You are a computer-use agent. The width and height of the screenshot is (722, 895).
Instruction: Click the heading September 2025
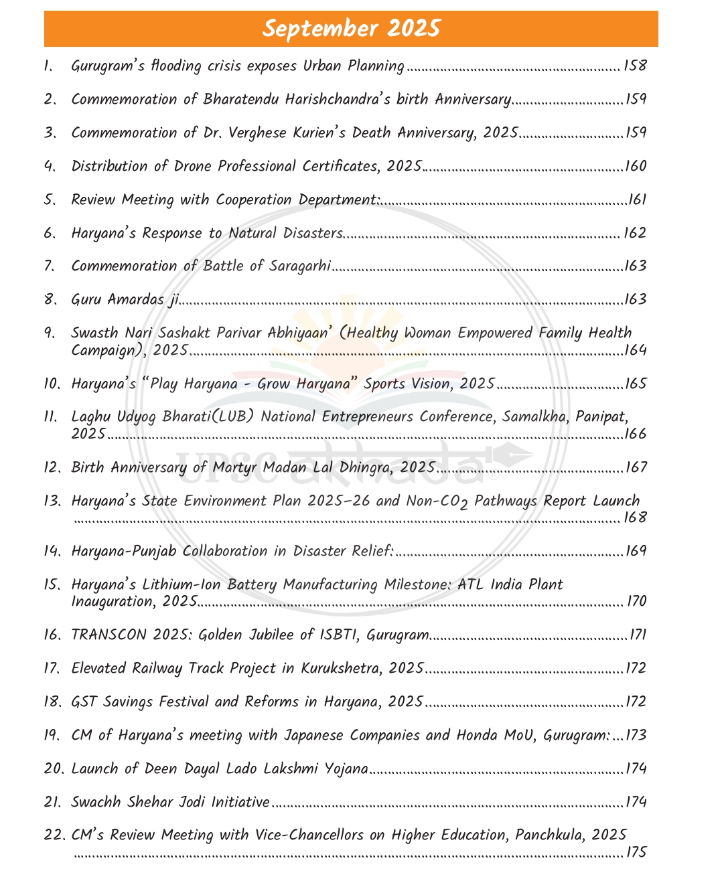coord(351,29)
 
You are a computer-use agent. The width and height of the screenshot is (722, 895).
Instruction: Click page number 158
coord(634,66)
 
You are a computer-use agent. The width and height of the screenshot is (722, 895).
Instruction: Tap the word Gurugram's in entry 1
coord(102,66)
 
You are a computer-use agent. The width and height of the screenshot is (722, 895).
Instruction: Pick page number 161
coord(637,199)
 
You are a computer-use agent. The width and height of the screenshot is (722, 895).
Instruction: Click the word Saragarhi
coord(300,266)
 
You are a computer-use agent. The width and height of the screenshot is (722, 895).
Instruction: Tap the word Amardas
coord(135,299)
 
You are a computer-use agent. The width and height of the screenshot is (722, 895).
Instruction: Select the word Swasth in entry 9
coord(94,333)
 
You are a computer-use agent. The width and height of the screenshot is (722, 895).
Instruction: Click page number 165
coord(636,384)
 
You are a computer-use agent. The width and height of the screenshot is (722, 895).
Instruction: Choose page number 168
coord(635,517)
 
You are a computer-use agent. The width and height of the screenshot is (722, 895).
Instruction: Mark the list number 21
coord(52,802)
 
